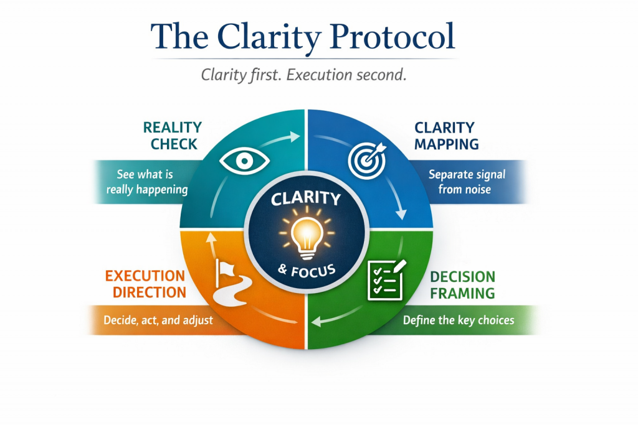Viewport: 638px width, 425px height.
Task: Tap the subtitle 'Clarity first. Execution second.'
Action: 303,75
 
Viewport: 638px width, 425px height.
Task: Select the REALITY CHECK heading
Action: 173,136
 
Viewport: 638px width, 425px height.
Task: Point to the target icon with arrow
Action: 367,159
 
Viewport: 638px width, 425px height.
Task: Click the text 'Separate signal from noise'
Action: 467,182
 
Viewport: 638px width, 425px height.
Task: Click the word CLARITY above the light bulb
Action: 305,200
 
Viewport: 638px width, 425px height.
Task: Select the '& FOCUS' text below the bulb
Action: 305,271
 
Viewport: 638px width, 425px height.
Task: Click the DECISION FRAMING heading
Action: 463,284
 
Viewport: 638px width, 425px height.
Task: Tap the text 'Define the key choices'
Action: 459,320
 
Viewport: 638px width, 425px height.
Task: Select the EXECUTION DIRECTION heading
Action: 145,284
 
